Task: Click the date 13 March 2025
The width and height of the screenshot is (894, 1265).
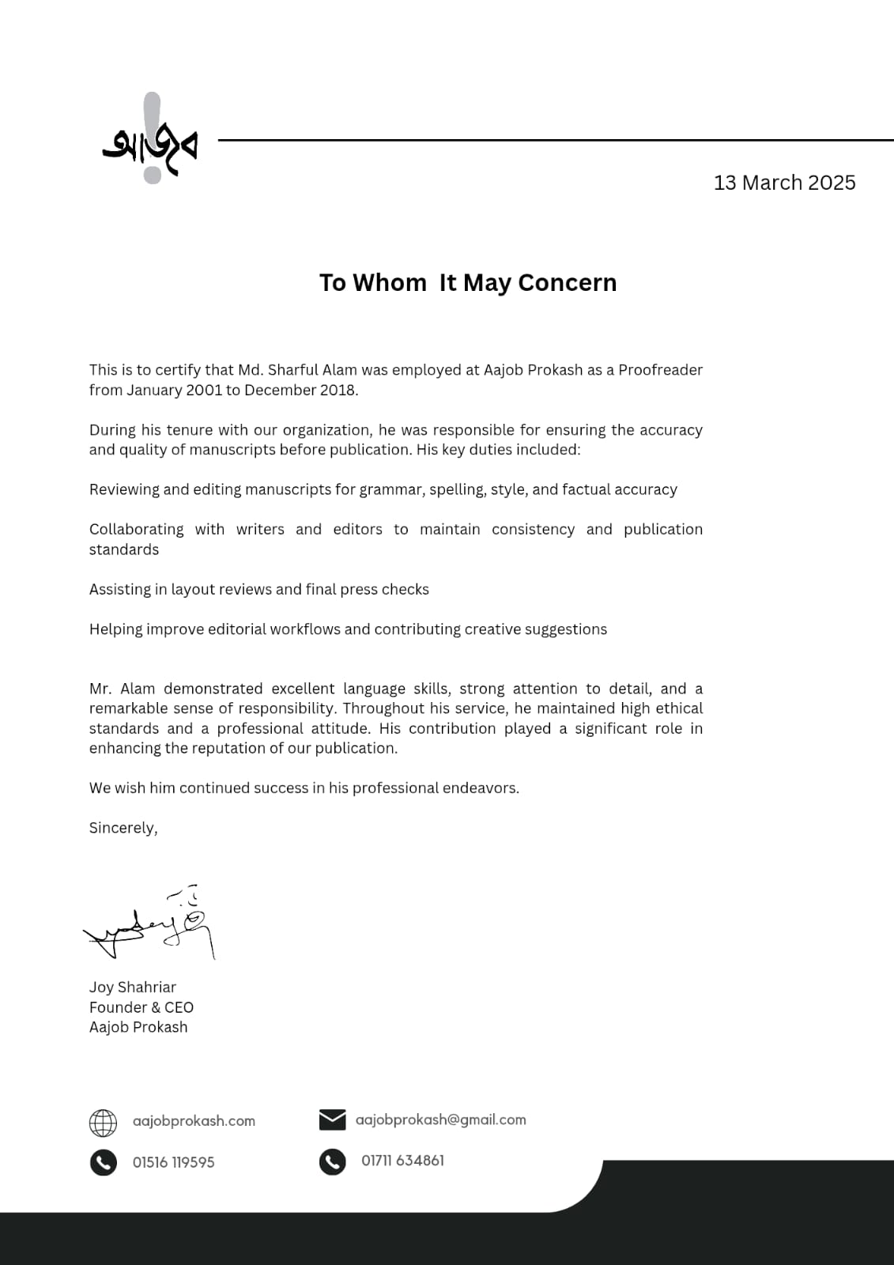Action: point(784,183)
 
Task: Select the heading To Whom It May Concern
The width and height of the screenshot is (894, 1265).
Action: point(468,283)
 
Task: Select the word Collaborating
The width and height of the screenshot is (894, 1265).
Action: point(136,530)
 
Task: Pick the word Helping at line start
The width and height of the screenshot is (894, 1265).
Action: point(115,629)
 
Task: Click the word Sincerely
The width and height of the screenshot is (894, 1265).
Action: point(123,828)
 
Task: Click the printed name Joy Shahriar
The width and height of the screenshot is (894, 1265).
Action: point(133,987)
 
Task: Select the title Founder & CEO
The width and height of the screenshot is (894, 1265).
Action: point(141,1007)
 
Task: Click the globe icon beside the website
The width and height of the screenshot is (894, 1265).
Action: point(103,1123)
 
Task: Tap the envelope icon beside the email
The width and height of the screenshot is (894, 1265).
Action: point(333,1120)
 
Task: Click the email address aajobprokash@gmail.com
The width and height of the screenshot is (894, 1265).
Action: point(440,1120)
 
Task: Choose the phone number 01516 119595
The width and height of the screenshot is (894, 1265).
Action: point(174,1162)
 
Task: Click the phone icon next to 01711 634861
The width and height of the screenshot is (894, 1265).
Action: point(333,1161)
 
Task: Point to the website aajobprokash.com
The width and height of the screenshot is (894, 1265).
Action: point(194,1121)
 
